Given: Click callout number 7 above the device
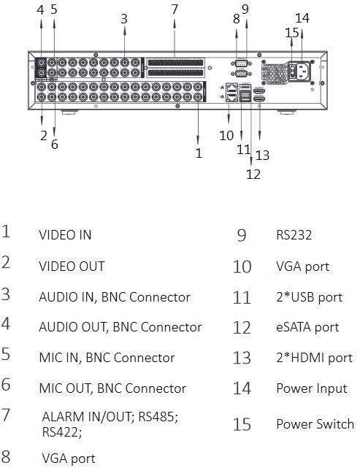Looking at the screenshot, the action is click(175, 9).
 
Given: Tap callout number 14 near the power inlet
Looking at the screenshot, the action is click(302, 18).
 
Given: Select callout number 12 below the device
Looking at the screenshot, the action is click(253, 174).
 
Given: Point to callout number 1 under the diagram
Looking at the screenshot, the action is click(199, 153).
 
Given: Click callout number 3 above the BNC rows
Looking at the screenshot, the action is click(124, 19).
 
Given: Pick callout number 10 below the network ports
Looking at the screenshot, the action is click(226, 136).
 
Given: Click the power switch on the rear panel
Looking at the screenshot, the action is click(293, 71).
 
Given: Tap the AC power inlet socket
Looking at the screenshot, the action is click(303, 71).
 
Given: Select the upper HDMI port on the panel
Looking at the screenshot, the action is click(259, 91).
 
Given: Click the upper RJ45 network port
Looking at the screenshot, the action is click(231, 88).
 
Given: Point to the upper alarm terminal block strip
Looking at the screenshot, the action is click(175, 63).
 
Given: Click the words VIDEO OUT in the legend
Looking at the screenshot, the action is click(72, 266).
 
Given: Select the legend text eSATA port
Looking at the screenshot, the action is click(307, 327).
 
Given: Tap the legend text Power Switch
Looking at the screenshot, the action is click(315, 423).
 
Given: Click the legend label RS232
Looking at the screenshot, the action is click(294, 235).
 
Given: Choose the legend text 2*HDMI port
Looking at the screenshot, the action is click(314, 358).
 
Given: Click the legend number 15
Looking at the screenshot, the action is click(242, 424).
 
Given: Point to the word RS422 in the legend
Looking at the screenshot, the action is click(61, 432).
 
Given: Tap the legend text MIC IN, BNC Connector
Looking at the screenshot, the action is click(107, 358).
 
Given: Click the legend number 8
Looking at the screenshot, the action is click(6, 457).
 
